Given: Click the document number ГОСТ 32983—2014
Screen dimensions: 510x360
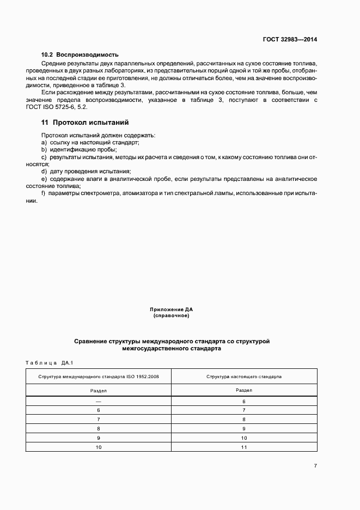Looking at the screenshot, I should (x=291, y=40).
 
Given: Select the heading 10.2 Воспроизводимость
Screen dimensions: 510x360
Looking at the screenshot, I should (x=80, y=55).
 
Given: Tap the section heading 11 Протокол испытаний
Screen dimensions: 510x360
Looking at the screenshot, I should (x=85, y=122).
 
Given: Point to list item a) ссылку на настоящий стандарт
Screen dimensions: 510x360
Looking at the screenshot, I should (x=90, y=142).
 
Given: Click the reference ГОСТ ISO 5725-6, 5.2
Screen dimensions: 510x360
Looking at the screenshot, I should (x=53, y=107).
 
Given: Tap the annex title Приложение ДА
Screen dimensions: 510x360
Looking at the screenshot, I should (x=172, y=310).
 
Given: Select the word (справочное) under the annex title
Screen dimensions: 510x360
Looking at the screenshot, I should (x=172, y=315).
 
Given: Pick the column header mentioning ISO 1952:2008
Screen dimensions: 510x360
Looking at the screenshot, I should (x=99, y=377).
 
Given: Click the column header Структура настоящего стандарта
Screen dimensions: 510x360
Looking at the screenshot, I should (x=244, y=377).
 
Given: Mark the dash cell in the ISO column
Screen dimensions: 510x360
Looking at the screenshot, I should (x=99, y=401).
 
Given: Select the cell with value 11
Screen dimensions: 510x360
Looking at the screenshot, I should (x=244, y=447).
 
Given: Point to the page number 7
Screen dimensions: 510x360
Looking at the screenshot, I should (x=315, y=466).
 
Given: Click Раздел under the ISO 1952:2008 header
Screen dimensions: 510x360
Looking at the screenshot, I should (x=99, y=390).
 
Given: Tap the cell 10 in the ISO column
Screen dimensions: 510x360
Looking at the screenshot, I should (x=99, y=447).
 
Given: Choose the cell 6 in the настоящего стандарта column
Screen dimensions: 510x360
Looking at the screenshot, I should (x=244, y=401).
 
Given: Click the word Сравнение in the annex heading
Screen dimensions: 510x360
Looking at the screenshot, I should (x=94, y=341).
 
